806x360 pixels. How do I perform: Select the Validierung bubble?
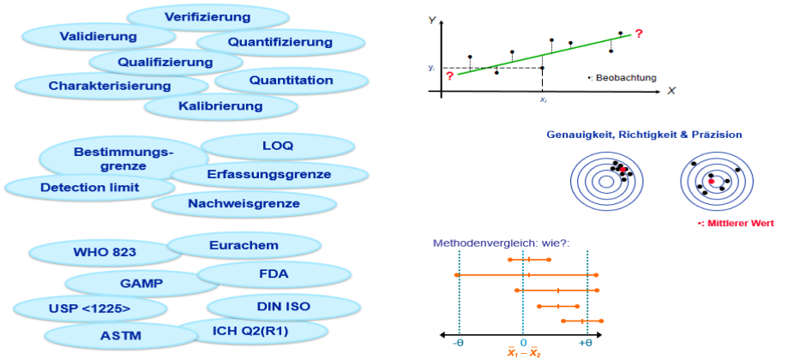point(98,36)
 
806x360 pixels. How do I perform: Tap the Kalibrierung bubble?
point(220,106)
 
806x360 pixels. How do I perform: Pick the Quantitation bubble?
point(292,81)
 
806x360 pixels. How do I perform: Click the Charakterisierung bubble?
point(110,86)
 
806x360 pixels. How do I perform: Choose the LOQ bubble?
point(278,146)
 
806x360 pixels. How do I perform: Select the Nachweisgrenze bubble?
point(244,203)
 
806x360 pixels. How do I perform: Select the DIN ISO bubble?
point(283,306)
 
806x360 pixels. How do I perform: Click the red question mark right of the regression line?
point(639,33)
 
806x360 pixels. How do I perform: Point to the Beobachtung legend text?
point(625,77)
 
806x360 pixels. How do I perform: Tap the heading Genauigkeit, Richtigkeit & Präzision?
point(644,135)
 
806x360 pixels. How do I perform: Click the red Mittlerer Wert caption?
point(736,223)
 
